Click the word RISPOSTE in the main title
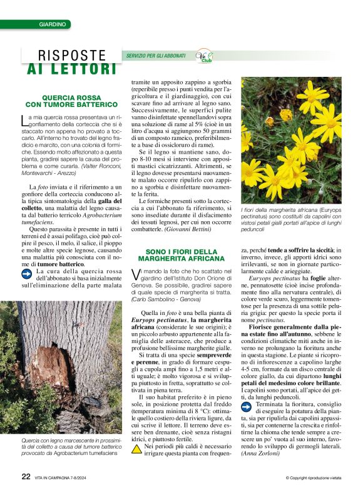coord(72,56)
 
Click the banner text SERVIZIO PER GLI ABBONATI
coord(156,56)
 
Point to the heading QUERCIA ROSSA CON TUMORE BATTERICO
coord(71,101)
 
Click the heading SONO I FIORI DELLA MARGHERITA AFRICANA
coord(181,255)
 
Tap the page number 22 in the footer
coord(26,476)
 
